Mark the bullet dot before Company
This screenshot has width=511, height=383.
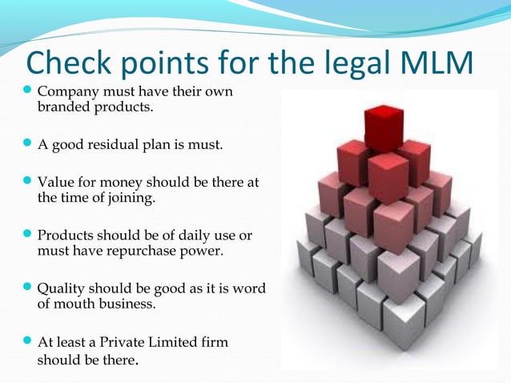(27, 92)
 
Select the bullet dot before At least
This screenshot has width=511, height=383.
(27, 342)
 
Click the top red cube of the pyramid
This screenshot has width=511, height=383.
(383, 127)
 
